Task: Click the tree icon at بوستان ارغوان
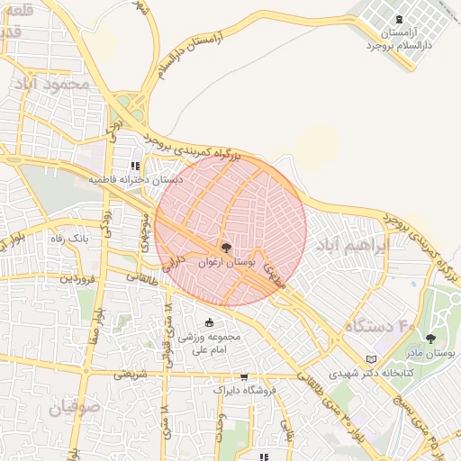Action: (225, 246)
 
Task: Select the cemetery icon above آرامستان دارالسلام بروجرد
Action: (399, 19)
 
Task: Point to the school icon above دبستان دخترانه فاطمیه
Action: (135, 166)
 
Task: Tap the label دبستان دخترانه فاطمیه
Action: (135, 180)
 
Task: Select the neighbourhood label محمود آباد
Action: (53, 84)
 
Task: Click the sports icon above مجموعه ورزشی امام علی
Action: (210, 323)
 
